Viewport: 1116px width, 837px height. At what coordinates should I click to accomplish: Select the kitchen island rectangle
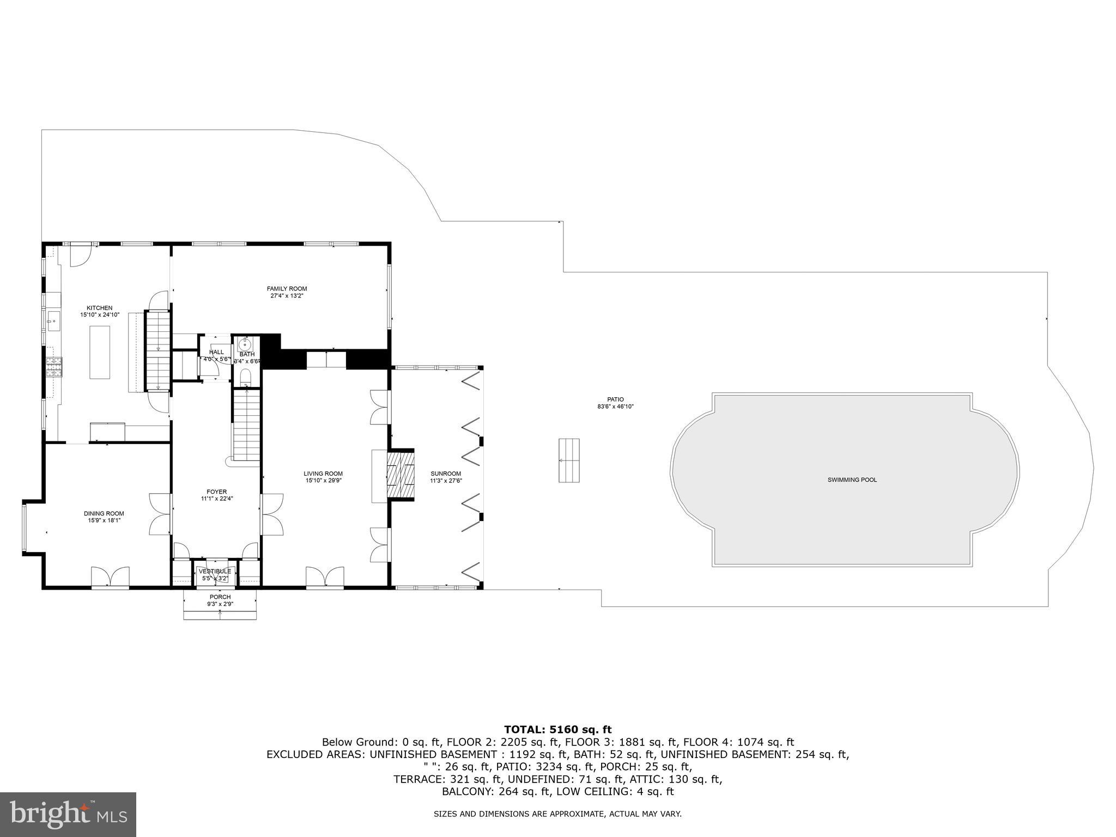pyautogui.click(x=99, y=352)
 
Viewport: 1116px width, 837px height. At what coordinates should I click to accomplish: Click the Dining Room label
pyautogui.click(x=104, y=513)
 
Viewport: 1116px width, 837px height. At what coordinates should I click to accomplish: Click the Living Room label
pyautogui.click(x=323, y=474)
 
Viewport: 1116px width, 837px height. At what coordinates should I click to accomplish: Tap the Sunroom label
pyautogui.click(x=446, y=474)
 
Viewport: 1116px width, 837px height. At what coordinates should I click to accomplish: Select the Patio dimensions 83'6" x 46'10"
pyautogui.click(x=615, y=407)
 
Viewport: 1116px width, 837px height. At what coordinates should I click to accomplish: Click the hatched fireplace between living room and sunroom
pyautogui.click(x=401, y=473)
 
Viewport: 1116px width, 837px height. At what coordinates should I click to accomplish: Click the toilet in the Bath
pyautogui.click(x=246, y=377)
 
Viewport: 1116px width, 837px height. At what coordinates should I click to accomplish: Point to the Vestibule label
pyautogui.click(x=215, y=571)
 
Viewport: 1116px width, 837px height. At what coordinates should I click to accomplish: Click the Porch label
pyautogui.click(x=220, y=597)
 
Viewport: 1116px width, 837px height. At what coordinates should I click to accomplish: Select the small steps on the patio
pyautogui.click(x=569, y=460)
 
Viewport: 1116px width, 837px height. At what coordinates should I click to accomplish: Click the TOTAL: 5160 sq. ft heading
pyautogui.click(x=557, y=729)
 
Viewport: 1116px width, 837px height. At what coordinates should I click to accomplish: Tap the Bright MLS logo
pyautogui.click(x=68, y=814)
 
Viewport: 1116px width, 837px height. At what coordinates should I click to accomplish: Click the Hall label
pyautogui.click(x=216, y=352)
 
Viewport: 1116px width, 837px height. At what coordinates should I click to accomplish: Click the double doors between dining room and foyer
pyautogui.click(x=160, y=513)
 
